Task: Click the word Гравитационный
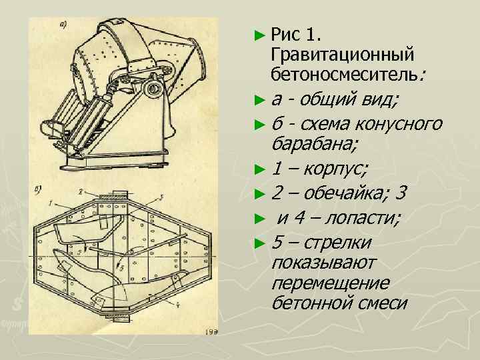click(x=342, y=55)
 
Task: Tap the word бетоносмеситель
click(x=344, y=75)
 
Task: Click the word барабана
click(x=311, y=143)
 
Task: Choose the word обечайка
click(x=343, y=193)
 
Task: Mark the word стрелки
click(x=337, y=243)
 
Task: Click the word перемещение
click(x=330, y=283)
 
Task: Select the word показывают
click(x=323, y=263)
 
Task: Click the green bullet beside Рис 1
click(x=259, y=35)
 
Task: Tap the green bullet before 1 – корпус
click(x=259, y=169)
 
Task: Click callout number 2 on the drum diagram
click(x=80, y=192)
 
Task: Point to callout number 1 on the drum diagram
click(x=50, y=203)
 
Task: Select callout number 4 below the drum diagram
click(x=177, y=304)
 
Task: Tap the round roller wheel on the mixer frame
click(x=152, y=88)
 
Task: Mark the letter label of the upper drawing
click(x=63, y=26)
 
